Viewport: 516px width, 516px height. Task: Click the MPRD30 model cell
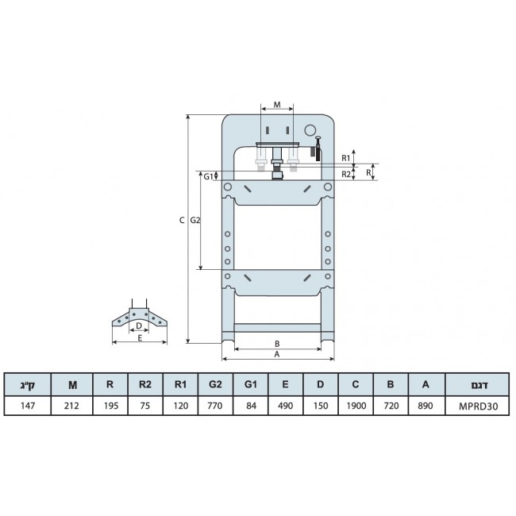[x=478, y=406]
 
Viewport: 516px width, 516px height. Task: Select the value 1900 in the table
[x=356, y=406]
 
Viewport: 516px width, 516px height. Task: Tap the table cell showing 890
[x=426, y=406]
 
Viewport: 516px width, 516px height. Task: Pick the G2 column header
[x=215, y=384]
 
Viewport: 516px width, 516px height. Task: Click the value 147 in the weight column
[x=28, y=406]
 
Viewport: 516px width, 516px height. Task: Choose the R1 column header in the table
[x=180, y=384]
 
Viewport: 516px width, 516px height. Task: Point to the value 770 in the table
[x=215, y=406]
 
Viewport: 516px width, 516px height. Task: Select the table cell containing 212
[x=71, y=406]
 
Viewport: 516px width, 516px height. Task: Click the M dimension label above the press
[x=277, y=105]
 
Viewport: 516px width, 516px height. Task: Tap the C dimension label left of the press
[x=182, y=220]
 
